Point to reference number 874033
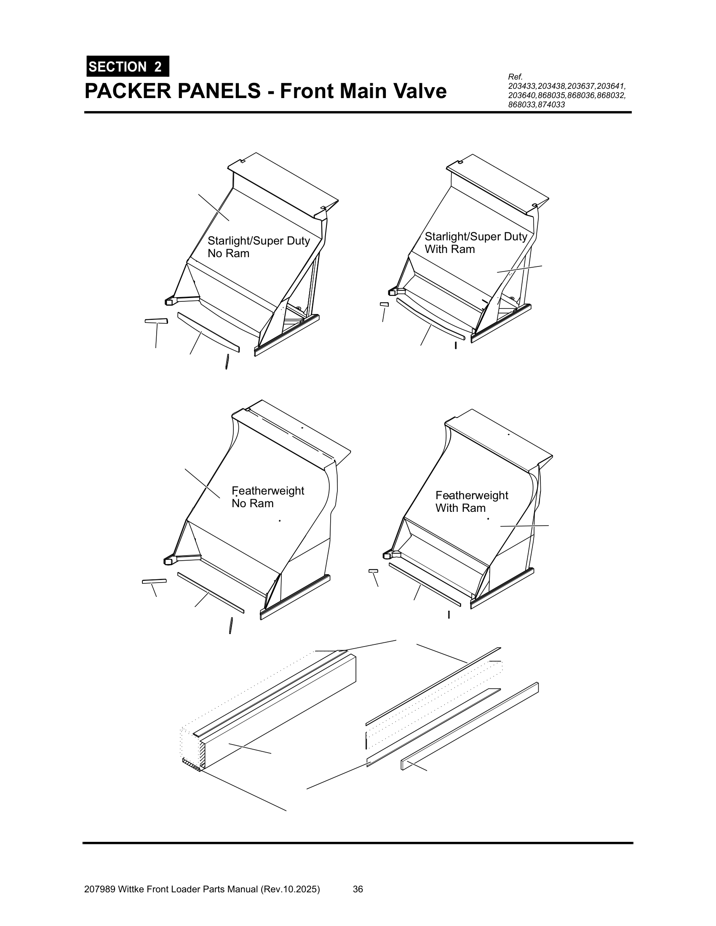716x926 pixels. coord(551,105)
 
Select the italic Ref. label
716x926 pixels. coord(515,77)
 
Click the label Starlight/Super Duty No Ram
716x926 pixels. coord(258,247)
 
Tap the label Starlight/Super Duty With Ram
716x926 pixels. coord(475,243)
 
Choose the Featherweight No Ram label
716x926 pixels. coord(267,497)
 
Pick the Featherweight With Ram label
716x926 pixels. coord(471,502)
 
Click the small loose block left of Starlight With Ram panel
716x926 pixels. coord(384,304)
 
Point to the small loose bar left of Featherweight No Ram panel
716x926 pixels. coord(154,581)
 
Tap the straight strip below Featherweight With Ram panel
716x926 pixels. coord(424,584)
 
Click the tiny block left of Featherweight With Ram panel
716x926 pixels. coord(373,571)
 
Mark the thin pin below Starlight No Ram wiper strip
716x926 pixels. coord(227,362)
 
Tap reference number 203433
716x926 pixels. coord(522,87)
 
